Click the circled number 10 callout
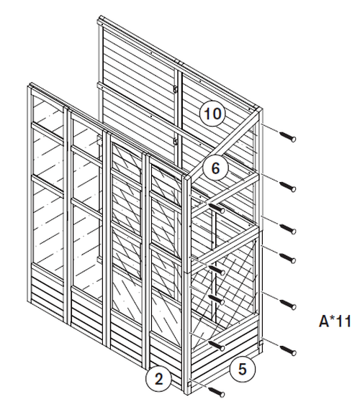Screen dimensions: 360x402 pyautogui.click(x=212, y=114)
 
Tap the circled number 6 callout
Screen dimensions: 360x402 pyautogui.click(x=215, y=168)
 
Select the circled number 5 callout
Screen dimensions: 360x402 pyautogui.click(x=242, y=369)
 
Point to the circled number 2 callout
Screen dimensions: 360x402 pyautogui.click(x=158, y=378)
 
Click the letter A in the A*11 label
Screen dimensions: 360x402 pyautogui.click(x=324, y=321)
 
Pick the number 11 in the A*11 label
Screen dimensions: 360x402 pyautogui.click(x=343, y=321)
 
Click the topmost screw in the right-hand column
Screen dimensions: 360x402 pyautogui.click(x=287, y=137)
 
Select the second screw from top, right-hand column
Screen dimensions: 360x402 pyautogui.click(x=287, y=186)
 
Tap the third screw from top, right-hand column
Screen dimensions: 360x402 pyautogui.click(x=287, y=229)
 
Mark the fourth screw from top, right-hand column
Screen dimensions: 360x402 pyautogui.click(x=287, y=258)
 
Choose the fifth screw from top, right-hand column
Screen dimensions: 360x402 pyautogui.click(x=288, y=304)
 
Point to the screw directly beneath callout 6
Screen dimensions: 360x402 pyautogui.click(x=217, y=208)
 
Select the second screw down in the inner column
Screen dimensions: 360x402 pyautogui.click(x=217, y=270)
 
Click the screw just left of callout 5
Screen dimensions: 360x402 pyautogui.click(x=217, y=346)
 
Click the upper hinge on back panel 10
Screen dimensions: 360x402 pyautogui.click(x=176, y=89)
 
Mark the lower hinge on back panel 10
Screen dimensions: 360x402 pyautogui.click(x=176, y=142)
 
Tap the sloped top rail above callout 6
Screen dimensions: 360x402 pyautogui.click(x=226, y=142)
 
